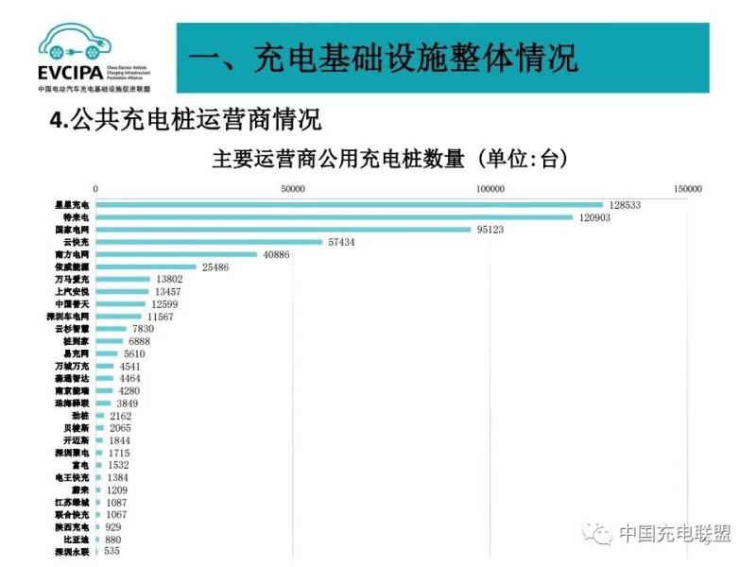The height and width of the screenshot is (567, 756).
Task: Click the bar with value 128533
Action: click(x=349, y=204)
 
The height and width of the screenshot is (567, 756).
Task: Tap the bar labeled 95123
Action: click(x=283, y=230)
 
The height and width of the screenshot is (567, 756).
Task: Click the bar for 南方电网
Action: click(x=176, y=254)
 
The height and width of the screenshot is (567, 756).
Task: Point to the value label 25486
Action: click(x=216, y=267)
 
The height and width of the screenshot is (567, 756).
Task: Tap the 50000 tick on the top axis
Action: click(x=293, y=189)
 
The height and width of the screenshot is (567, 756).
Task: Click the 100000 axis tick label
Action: click(x=490, y=189)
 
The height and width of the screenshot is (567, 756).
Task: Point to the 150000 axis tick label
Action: click(x=687, y=189)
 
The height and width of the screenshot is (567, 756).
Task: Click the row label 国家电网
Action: click(x=72, y=230)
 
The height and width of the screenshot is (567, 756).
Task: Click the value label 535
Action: click(x=112, y=551)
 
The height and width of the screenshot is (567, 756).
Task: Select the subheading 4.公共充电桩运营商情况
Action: click(x=185, y=121)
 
